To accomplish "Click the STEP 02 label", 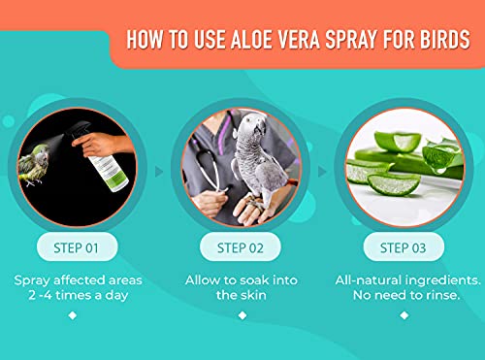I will click(x=240, y=246).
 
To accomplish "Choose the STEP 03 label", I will click(x=404, y=246).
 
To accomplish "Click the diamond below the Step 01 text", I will click(x=75, y=314).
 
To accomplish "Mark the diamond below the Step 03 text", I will click(x=404, y=314).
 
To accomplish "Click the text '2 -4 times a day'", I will click(x=75, y=296).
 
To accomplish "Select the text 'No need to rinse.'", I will click(x=404, y=296).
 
